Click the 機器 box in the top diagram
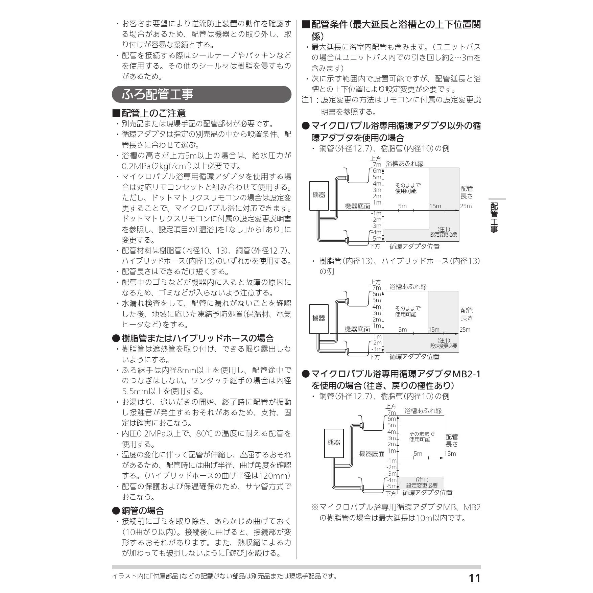319,195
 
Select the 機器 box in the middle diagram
319,318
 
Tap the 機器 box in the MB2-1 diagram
334,443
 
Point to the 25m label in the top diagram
466,206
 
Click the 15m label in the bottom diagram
450,454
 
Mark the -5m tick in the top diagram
377,239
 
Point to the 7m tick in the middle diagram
377,288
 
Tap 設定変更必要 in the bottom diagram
422,485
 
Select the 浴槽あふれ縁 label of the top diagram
405,164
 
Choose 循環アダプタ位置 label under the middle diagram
414,357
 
